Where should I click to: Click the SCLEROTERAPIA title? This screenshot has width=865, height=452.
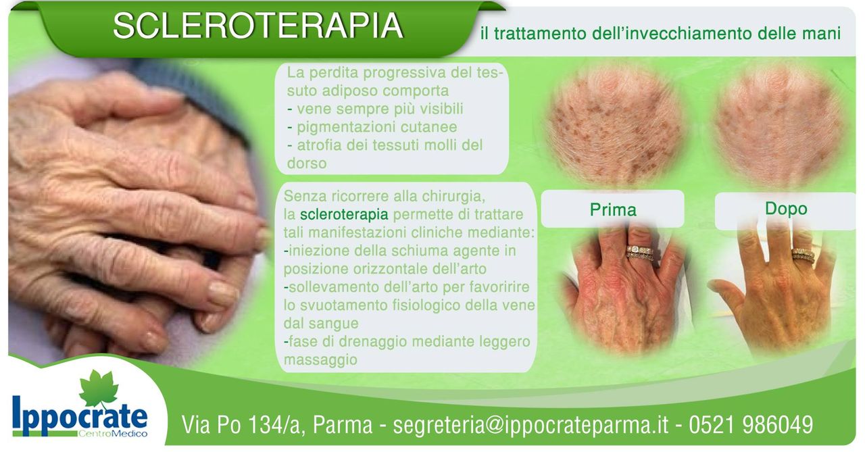click(x=258, y=26)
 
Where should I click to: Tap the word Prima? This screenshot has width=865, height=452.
click(x=613, y=209)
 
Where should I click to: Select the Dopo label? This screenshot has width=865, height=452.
click(x=786, y=209)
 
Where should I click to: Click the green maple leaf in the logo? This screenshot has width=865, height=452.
click(x=99, y=388)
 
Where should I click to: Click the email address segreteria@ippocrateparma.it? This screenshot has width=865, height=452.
click(x=530, y=424)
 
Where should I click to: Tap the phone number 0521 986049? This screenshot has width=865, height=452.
click(x=751, y=424)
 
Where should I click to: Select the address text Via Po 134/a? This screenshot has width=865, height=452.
click(x=239, y=424)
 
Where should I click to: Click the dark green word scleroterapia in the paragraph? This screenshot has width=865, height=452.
click(x=344, y=214)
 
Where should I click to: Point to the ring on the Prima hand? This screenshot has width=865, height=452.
click(x=640, y=252)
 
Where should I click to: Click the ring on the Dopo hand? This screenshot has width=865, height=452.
click(x=804, y=255)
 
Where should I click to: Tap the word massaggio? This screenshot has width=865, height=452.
click(x=320, y=359)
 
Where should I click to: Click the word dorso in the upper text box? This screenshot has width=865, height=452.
click(x=307, y=164)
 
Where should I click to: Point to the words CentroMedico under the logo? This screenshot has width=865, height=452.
click(x=112, y=434)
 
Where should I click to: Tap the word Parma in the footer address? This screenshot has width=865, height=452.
click(x=343, y=424)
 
